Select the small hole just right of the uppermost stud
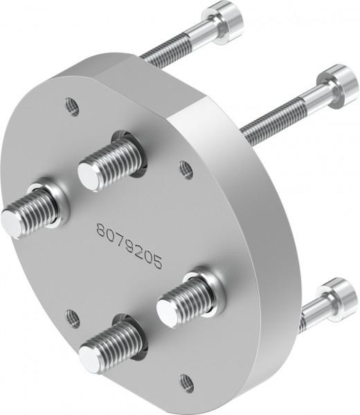pos(185,167)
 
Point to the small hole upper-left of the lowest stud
pos(72,317)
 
